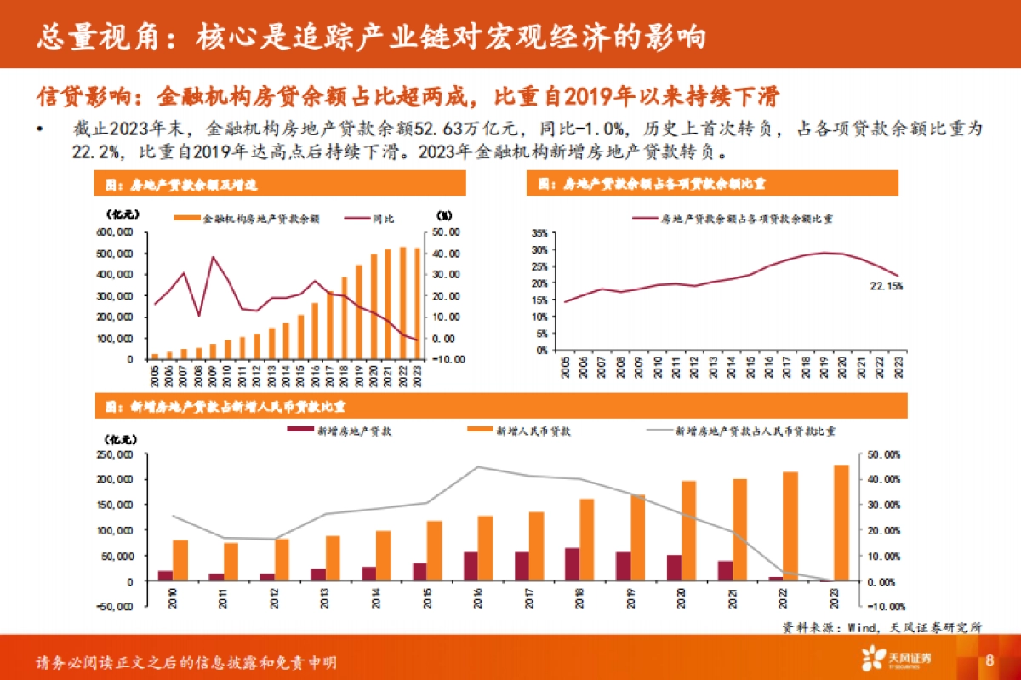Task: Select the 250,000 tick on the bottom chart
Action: tap(120, 454)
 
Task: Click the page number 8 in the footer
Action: tap(990, 661)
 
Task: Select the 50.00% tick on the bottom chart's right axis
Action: tap(883, 454)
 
